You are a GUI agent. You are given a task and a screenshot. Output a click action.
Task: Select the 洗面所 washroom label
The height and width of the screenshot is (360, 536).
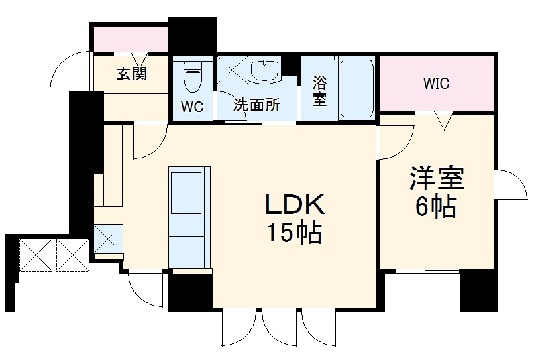pos(256,105)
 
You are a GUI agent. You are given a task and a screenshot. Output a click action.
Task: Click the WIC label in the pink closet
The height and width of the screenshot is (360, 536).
pos(436,84)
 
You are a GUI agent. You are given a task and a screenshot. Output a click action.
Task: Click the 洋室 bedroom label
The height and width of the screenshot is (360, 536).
pos(437,179)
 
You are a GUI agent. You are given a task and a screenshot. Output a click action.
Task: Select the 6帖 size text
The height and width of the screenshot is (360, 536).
pos(437,207)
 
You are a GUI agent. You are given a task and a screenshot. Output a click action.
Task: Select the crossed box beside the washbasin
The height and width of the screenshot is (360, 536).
pos(231,70)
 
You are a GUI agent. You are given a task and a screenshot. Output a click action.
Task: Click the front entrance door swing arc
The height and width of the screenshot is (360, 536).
pos(69,70)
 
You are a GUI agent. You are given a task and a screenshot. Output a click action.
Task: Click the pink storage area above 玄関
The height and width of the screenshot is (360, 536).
pos(130,38)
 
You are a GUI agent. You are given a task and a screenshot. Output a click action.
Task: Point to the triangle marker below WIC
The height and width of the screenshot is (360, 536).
pos(443,121)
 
